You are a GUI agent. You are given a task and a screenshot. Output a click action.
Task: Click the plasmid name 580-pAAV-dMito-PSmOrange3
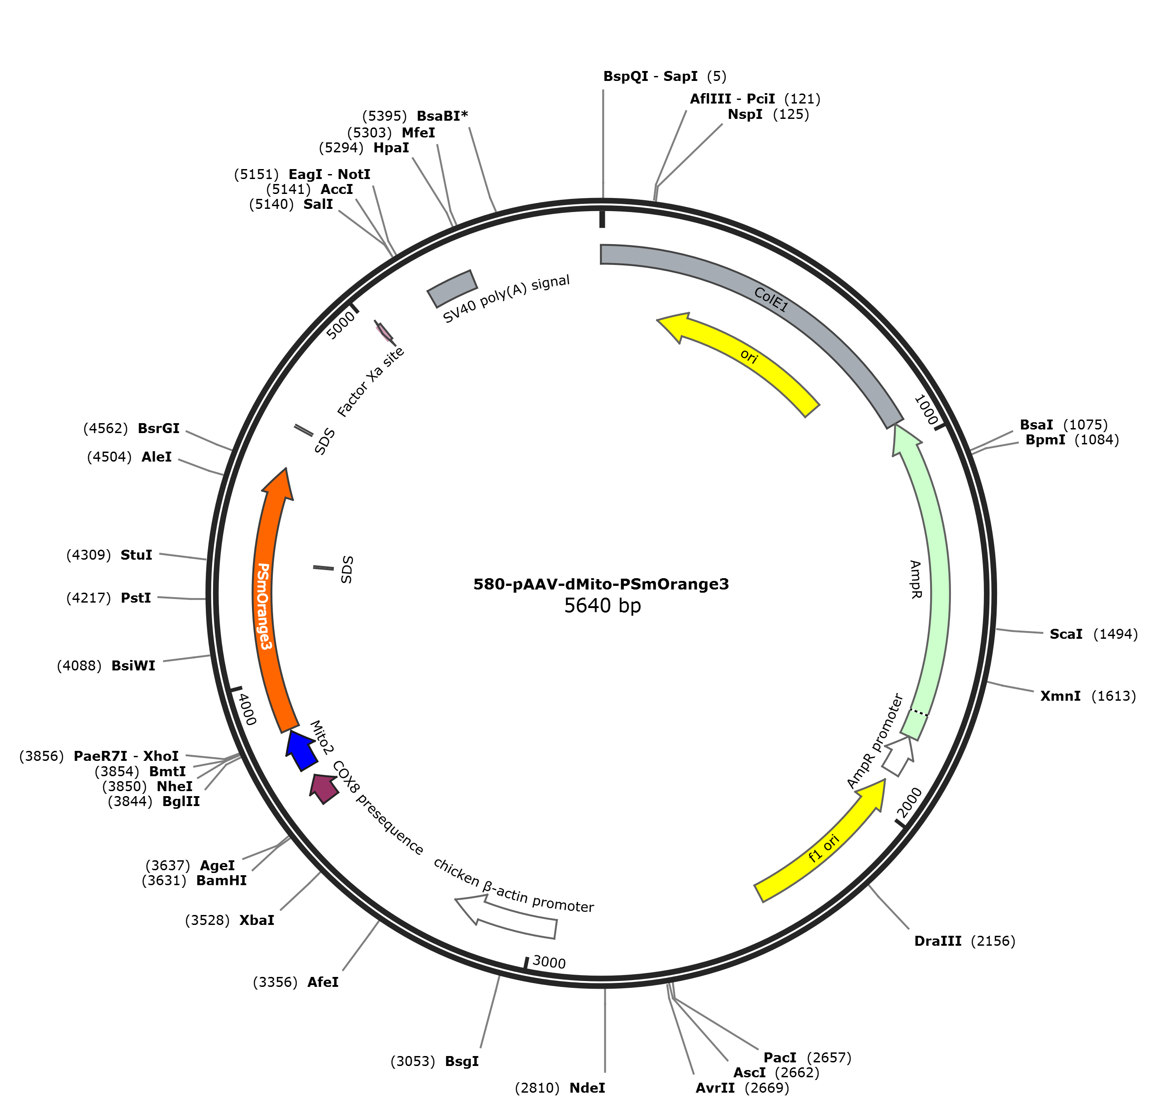[601, 584]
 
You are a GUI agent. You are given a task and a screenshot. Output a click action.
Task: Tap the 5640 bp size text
[602, 606]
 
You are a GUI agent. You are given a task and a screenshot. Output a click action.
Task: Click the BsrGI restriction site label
[158, 428]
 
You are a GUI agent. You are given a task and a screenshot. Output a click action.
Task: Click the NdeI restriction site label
[587, 1088]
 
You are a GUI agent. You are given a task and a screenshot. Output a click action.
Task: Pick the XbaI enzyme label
[256, 920]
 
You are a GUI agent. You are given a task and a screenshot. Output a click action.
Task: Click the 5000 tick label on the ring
[341, 325]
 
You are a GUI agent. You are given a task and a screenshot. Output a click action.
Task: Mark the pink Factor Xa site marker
[385, 332]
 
